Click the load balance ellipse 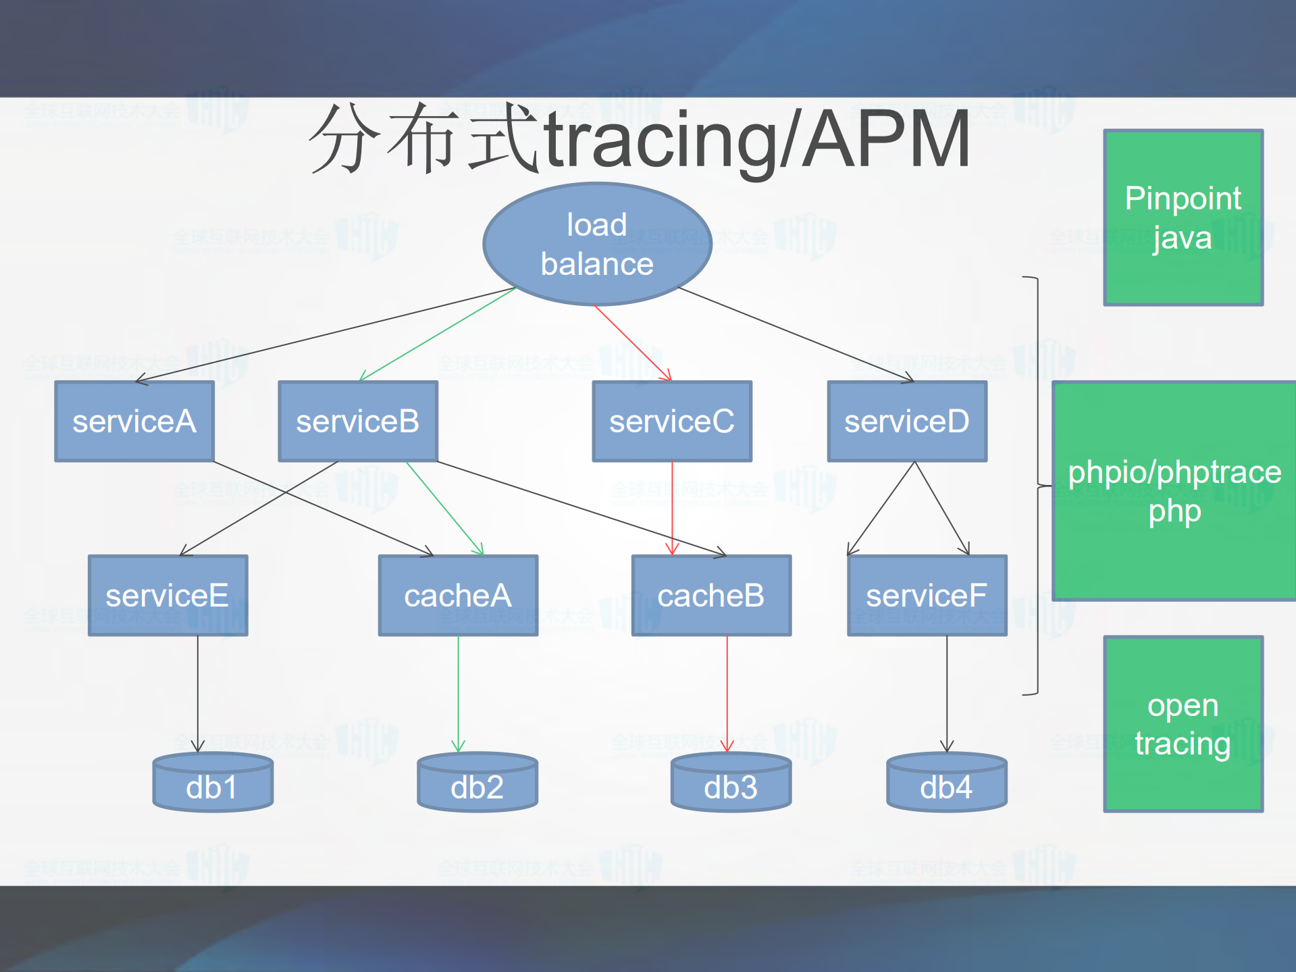pos(597,244)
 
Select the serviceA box pos(134,421)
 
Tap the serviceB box pos(358,421)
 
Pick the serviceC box pos(672,421)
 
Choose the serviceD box pos(907,421)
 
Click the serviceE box pos(167,596)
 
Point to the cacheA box pos(458,596)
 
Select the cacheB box pos(711,596)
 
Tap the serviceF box pos(927,596)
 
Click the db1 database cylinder pos(213,784)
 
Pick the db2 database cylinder pos(477,784)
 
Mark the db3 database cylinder pos(731,784)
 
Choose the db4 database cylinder pos(946,784)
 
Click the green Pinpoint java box pos(1183,218)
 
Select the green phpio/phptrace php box pos(1174,491)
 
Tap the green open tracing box pos(1183,723)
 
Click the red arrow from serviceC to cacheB pos(672,507)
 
